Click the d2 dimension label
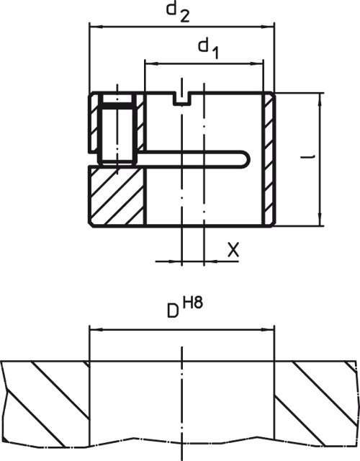[x=178, y=12]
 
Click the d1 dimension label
[x=208, y=49]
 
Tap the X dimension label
[x=233, y=250]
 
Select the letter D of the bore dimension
[x=173, y=310]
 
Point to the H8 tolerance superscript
[x=193, y=303]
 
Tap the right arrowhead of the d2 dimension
[x=267, y=27]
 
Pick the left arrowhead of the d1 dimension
[x=151, y=63]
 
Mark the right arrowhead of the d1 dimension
[x=256, y=63]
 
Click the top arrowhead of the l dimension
[x=320, y=99]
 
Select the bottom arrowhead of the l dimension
[x=320, y=220]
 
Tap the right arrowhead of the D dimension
[x=267, y=330]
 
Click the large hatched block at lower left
[x=117, y=196]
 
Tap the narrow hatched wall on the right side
[x=269, y=159]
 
